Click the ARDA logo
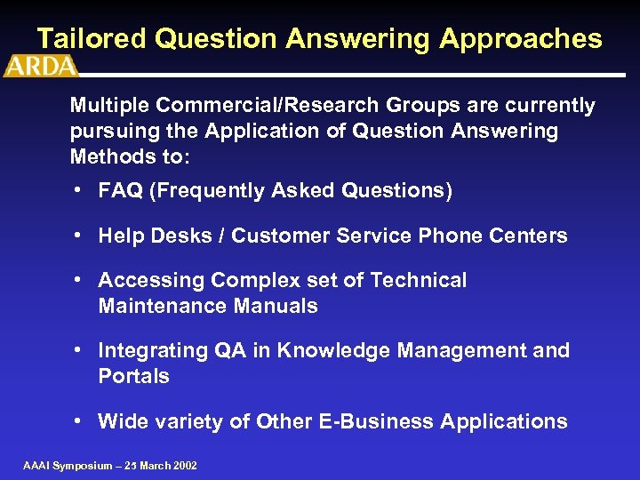point(41,67)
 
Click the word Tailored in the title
point(92,39)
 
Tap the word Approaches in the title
point(520,39)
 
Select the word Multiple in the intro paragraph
point(111,106)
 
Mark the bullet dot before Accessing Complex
point(80,280)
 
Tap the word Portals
point(133,377)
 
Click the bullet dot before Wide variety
point(80,421)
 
